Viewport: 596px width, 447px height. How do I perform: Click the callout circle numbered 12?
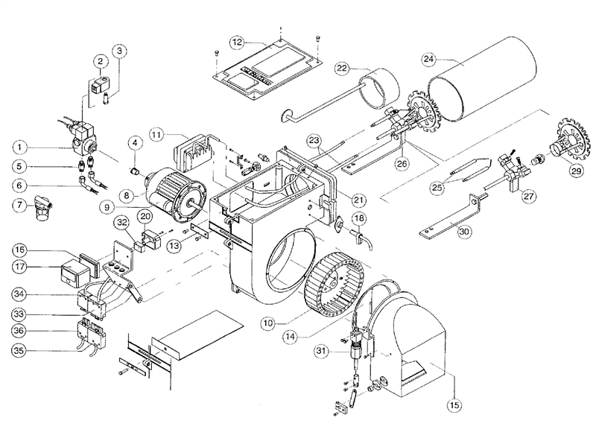[x=236, y=42]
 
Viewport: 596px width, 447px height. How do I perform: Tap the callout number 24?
[x=428, y=59]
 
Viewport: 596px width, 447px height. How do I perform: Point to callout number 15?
[x=453, y=405]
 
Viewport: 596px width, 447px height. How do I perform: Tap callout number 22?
[x=342, y=69]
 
